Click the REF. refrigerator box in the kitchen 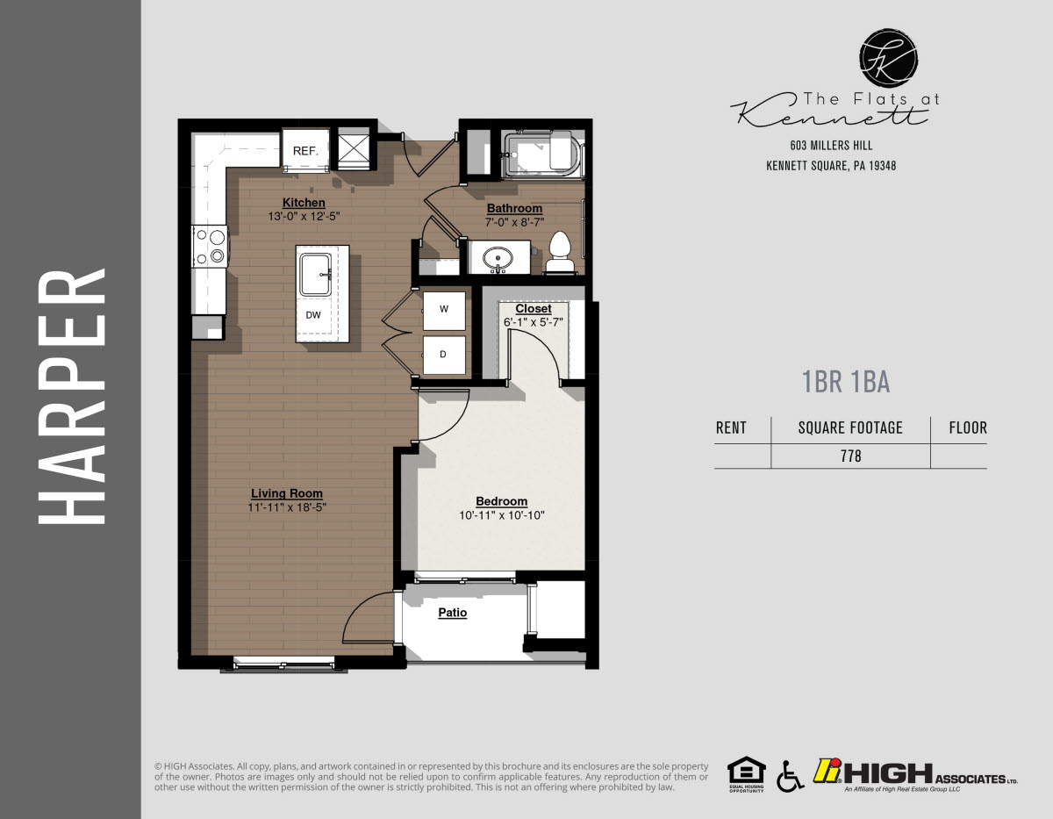304,150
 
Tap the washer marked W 444,309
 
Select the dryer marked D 444,355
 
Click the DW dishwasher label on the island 313,314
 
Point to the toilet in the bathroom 560,252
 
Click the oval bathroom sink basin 498,259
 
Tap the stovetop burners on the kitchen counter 211,245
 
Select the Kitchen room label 304,203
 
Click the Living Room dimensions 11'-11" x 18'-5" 287,506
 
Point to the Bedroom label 501,501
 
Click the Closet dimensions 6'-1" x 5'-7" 533,322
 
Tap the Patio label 452,613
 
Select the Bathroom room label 514,208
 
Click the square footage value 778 850,456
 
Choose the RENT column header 731,428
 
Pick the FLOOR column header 967,428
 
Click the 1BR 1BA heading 845,382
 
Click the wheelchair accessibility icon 789,775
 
